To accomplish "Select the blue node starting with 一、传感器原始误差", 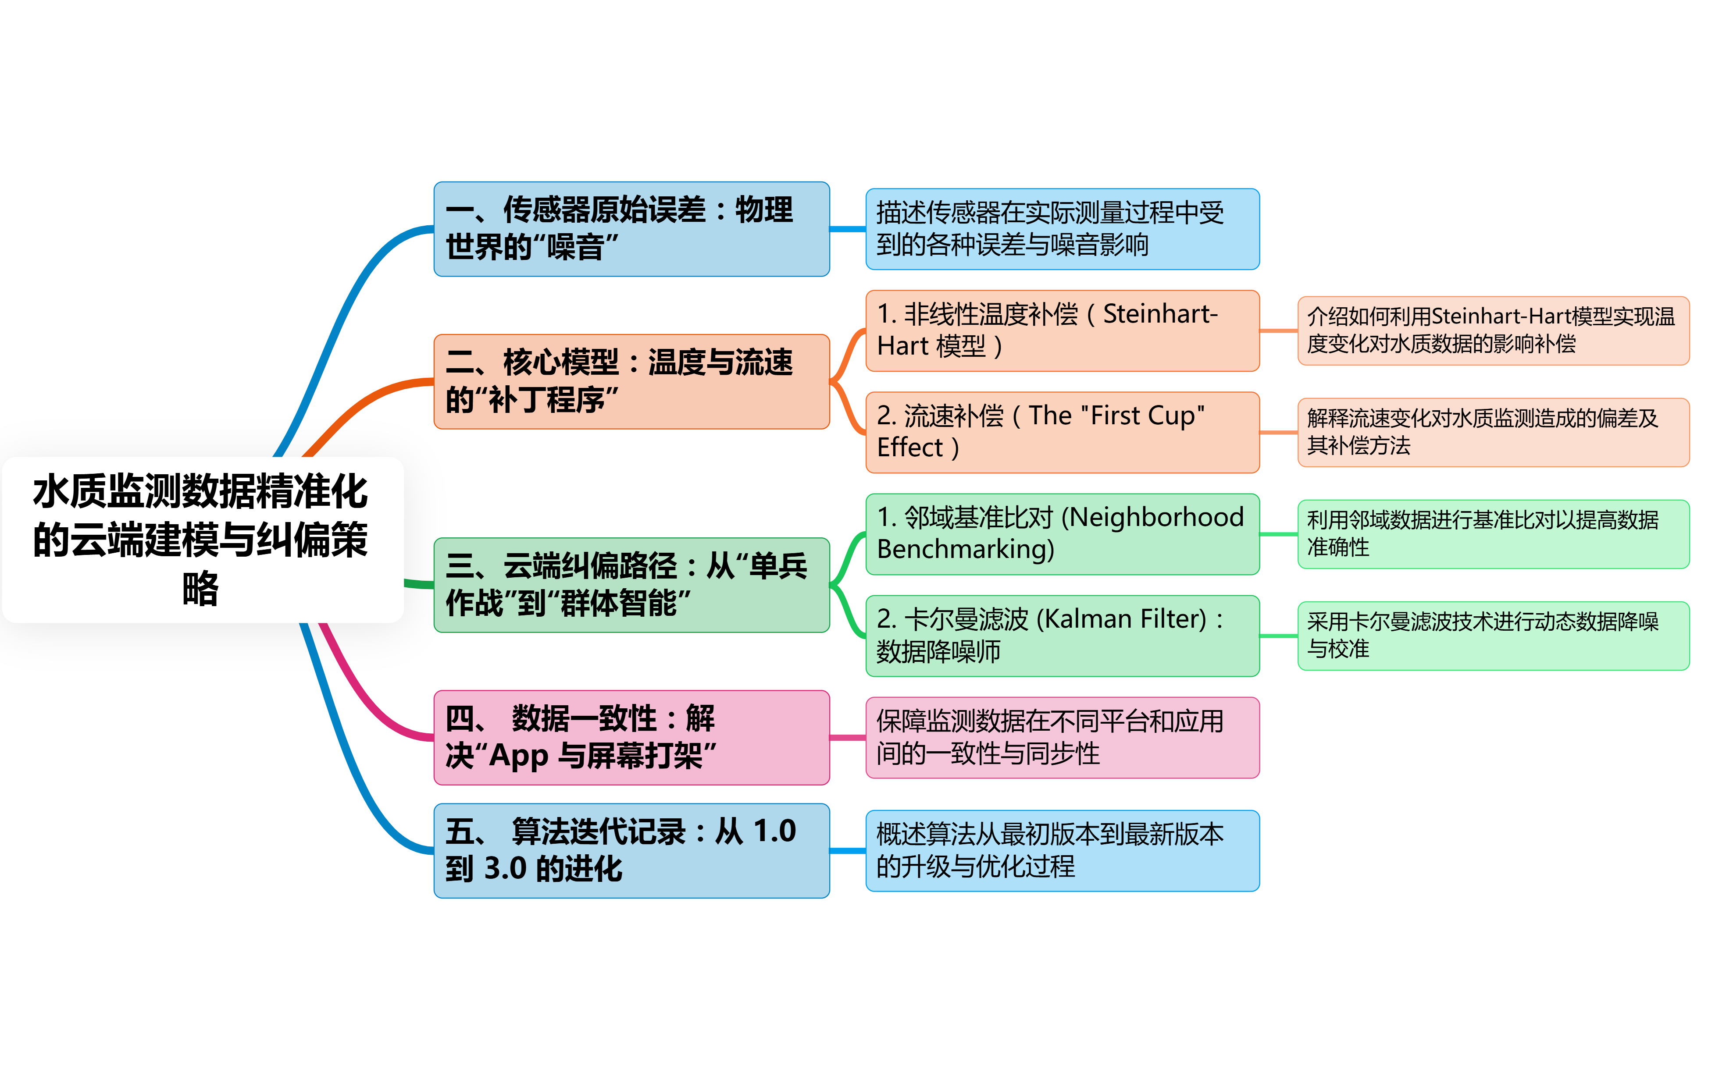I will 631,228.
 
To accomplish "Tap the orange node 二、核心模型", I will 631,381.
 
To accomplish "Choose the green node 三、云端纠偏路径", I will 631,584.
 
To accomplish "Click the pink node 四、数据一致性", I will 631,737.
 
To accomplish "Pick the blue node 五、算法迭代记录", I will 631,850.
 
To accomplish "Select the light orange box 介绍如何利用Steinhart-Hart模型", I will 1493,330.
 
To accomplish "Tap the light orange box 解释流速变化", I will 1493,431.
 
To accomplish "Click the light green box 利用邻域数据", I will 1493,533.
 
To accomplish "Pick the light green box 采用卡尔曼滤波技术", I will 1493,635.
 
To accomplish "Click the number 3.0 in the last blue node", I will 505,869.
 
